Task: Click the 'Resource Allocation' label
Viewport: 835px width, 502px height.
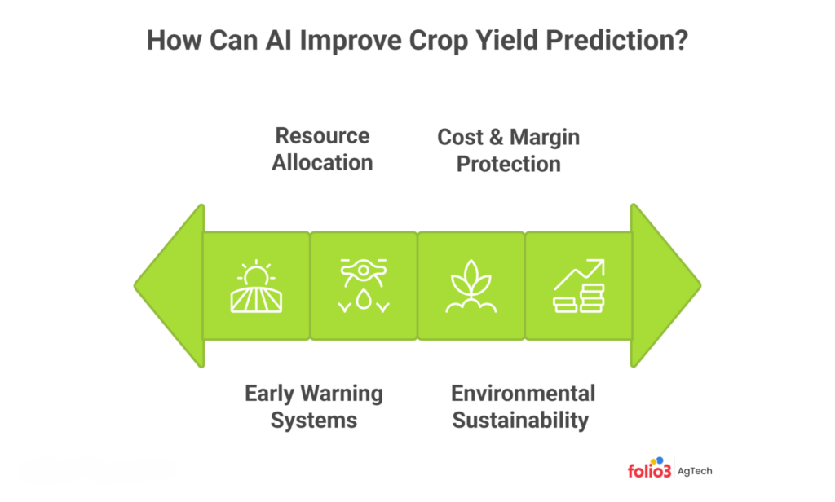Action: pos(322,149)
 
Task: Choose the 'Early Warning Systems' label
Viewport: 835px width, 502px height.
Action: pos(313,407)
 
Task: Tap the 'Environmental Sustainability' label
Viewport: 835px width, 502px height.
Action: pos(523,407)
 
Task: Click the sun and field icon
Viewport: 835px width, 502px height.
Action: pos(256,287)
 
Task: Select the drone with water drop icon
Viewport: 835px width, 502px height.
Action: pos(363,287)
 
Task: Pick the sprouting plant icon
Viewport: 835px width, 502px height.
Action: pos(471,287)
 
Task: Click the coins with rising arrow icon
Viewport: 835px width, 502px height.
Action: pos(578,287)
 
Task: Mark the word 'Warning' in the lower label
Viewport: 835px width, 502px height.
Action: pos(344,394)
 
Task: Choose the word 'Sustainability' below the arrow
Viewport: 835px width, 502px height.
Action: pos(520,421)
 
